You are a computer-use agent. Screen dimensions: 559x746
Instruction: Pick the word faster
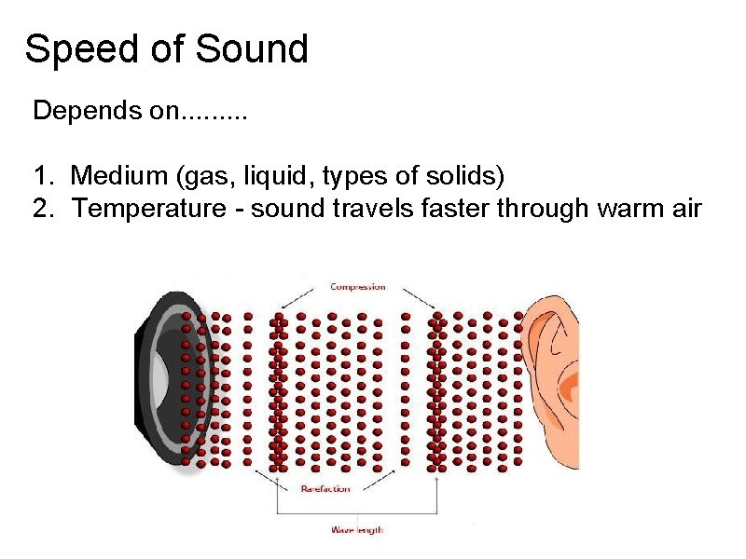(454, 208)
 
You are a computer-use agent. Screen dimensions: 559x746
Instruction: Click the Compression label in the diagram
(358, 287)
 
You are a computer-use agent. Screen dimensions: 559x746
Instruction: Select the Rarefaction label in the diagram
(325, 488)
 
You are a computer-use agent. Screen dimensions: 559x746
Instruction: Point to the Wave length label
(357, 530)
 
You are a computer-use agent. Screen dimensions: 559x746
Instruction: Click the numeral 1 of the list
(41, 174)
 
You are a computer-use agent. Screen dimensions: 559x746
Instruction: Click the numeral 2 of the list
(41, 209)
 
